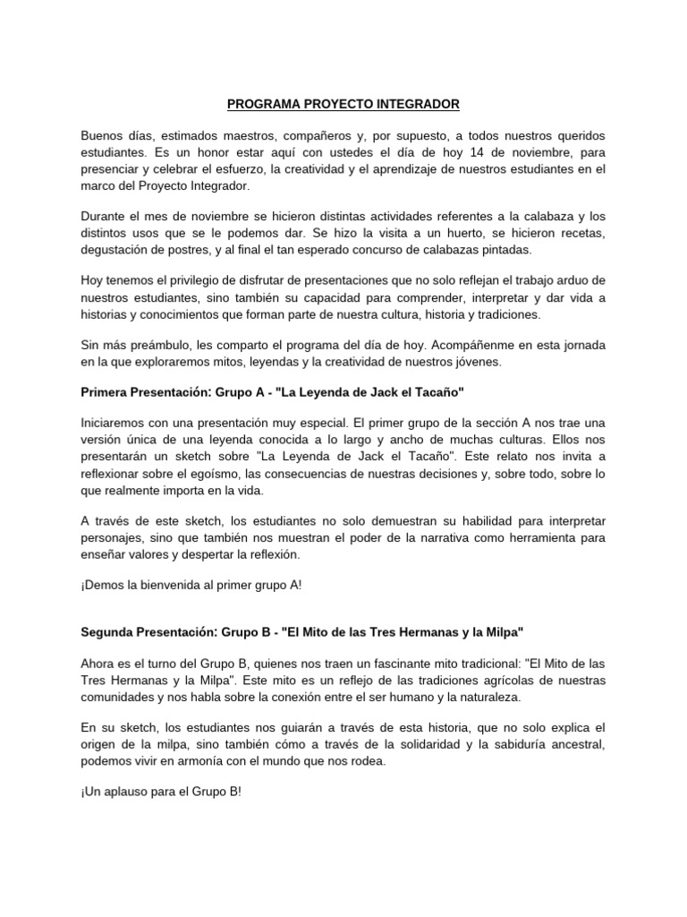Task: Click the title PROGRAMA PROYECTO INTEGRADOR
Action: (343, 105)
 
